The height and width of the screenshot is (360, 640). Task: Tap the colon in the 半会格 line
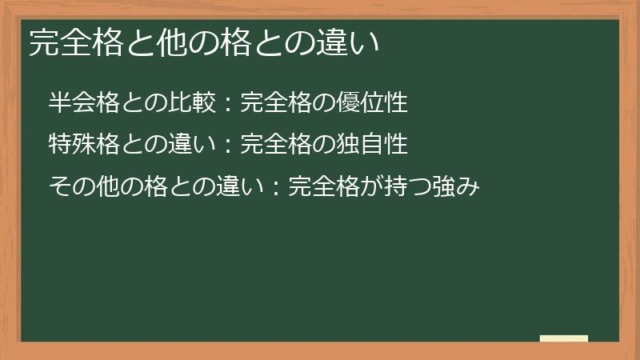227,104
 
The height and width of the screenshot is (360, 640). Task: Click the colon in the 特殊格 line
227,146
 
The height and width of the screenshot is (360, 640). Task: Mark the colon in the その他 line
275,187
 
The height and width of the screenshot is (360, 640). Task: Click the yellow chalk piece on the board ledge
564,338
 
